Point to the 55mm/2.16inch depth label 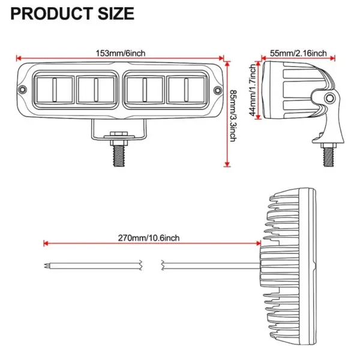click(298, 53)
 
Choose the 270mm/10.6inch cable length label click(148, 238)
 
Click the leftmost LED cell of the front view click(53, 90)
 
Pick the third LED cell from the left click(144, 90)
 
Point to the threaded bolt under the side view click(328, 155)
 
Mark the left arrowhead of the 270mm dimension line click(46, 244)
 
